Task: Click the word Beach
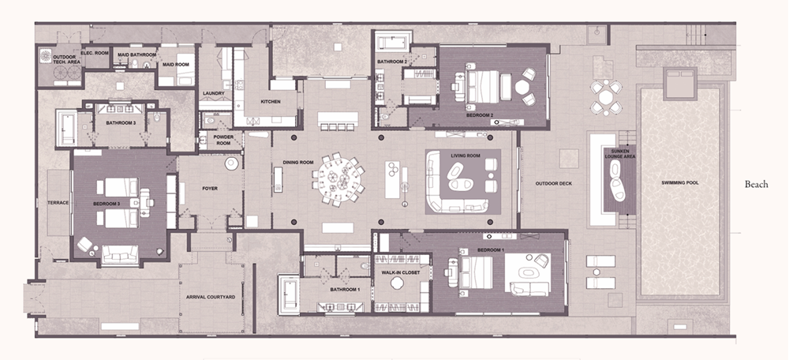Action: click(757, 184)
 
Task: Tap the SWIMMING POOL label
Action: click(680, 183)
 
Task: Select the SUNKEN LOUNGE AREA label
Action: click(620, 154)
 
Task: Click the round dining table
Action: click(338, 178)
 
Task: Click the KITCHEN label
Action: click(270, 102)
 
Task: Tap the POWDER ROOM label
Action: click(223, 140)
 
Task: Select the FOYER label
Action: click(210, 189)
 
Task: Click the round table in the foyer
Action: click(232, 163)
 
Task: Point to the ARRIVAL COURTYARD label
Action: click(211, 298)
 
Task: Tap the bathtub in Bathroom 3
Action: click(66, 129)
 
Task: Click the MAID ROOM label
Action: click(176, 65)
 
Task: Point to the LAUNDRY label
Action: click(213, 93)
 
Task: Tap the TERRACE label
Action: click(58, 203)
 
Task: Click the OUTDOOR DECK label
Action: click(554, 183)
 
